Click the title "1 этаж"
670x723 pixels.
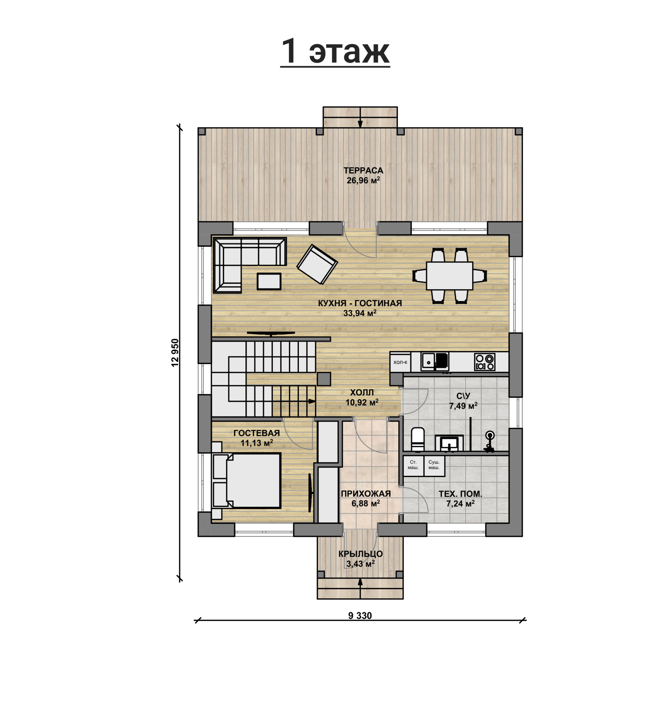335,51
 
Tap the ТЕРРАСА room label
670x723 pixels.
363,170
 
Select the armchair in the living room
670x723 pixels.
317,264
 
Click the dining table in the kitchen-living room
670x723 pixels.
449,276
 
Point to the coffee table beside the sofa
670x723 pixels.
269,281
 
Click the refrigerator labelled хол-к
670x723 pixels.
400,362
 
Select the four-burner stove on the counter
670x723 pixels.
485,362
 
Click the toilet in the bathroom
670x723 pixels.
418,439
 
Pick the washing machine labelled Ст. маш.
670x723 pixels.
413,466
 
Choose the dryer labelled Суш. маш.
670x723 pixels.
434,466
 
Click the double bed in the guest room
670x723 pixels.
247,480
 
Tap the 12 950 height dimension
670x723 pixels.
175,353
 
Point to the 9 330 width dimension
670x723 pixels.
360,616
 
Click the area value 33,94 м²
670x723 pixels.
360,313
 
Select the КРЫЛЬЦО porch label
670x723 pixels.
361,554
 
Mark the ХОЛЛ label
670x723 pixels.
362,392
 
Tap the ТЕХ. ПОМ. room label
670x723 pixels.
460,494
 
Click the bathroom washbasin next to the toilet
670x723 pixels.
449,443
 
